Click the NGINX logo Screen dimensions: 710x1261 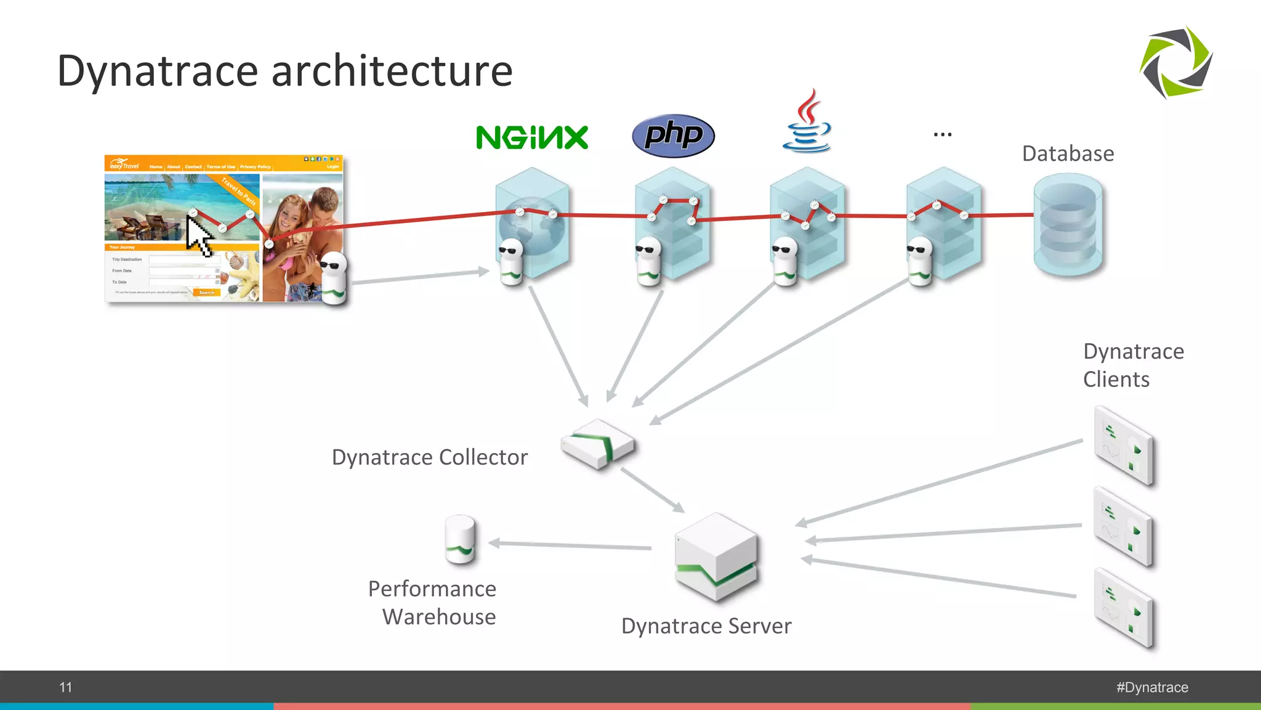coord(532,137)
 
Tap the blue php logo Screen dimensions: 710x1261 coord(673,136)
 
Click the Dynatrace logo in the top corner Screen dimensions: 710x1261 coord(1176,62)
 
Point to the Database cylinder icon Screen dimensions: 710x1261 coord(1068,225)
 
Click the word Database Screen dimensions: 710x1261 coord(1068,153)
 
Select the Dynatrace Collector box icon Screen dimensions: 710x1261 coord(597,444)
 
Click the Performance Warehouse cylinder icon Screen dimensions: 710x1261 coord(460,540)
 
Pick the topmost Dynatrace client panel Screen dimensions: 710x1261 coord(1123,446)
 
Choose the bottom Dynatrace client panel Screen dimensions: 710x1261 coord(1123,608)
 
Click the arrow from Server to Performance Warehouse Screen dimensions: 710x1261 coord(570,545)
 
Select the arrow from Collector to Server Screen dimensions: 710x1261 coord(652,489)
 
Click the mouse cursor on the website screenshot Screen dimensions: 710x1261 coord(198,237)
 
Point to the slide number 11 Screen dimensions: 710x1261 coord(66,687)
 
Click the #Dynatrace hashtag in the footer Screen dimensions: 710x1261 coord(1152,687)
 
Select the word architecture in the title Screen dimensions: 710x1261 coord(392,71)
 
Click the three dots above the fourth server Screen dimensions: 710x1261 coord(942,134)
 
